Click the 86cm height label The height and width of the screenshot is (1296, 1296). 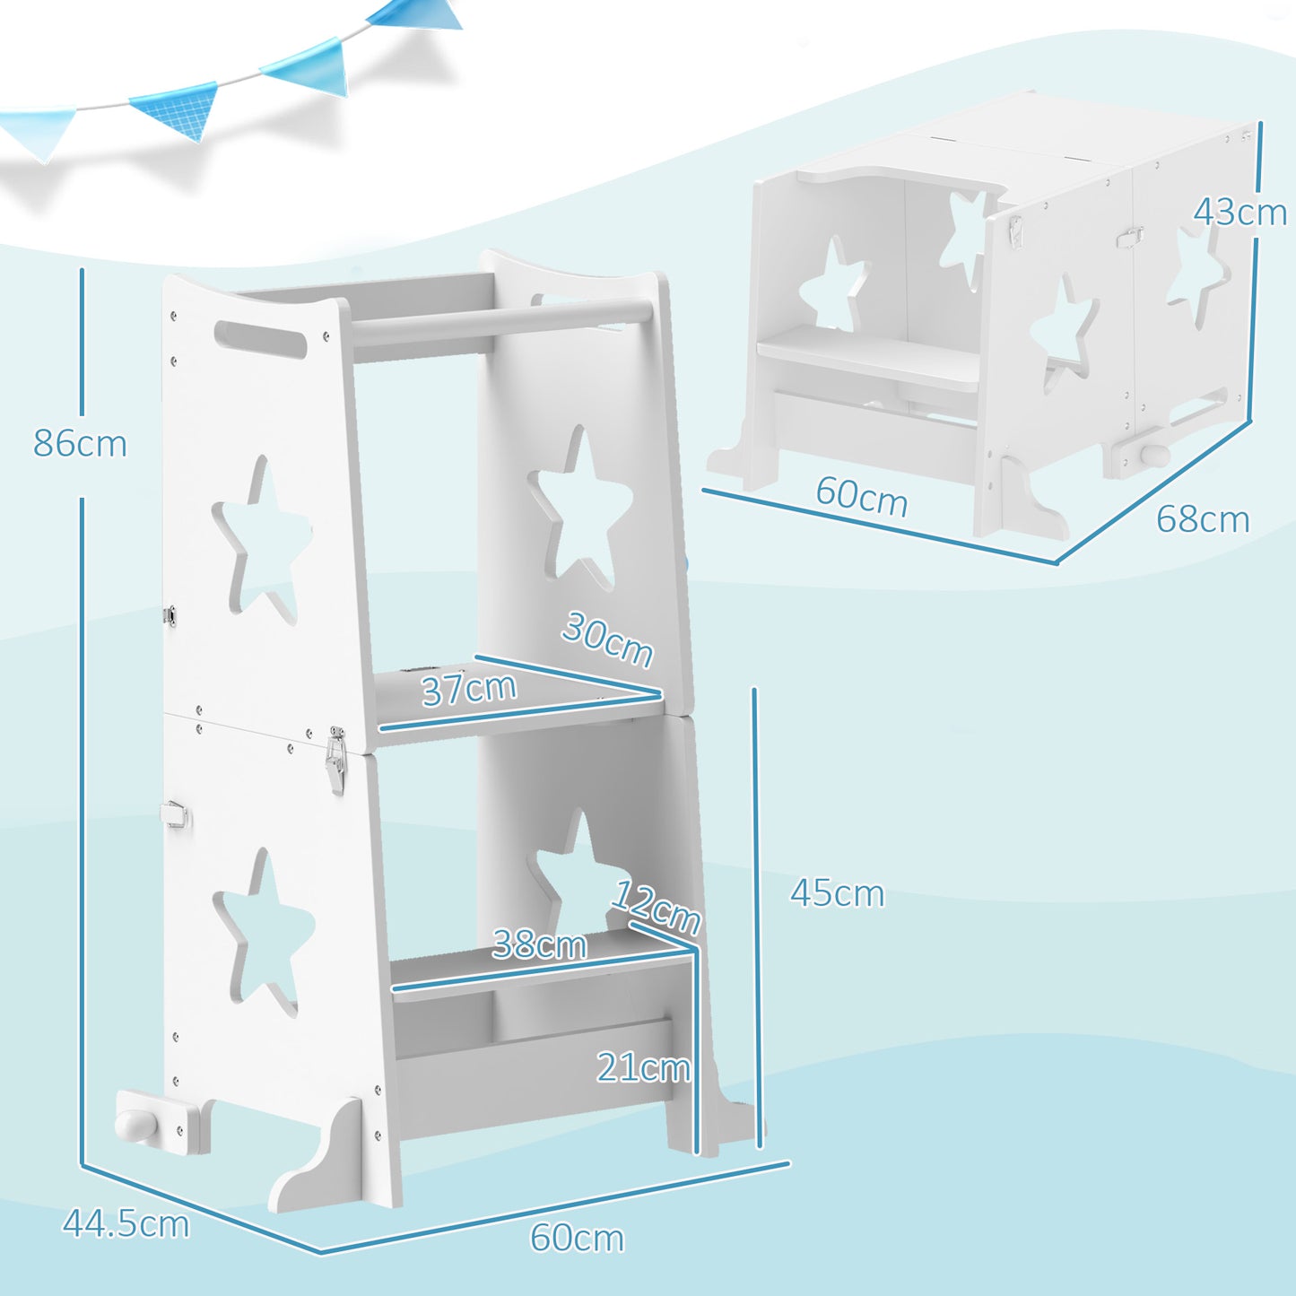[81, 443]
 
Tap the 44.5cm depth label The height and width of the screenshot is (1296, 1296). [126, 1223]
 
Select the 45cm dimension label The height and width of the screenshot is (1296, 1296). [837, 893]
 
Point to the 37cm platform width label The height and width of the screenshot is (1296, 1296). [469, 689]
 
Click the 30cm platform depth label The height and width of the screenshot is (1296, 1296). [607, 639]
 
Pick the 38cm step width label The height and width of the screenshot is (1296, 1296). [539, 944]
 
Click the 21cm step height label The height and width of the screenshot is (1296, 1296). [643, 1067]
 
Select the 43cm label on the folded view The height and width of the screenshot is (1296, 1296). [1239, 212]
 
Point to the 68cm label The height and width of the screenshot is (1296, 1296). [1202, 519]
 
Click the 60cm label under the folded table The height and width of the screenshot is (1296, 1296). [861, 497]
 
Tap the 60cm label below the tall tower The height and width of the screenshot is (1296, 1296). [577, 1238]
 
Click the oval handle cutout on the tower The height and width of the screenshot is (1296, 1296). [261, 341]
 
